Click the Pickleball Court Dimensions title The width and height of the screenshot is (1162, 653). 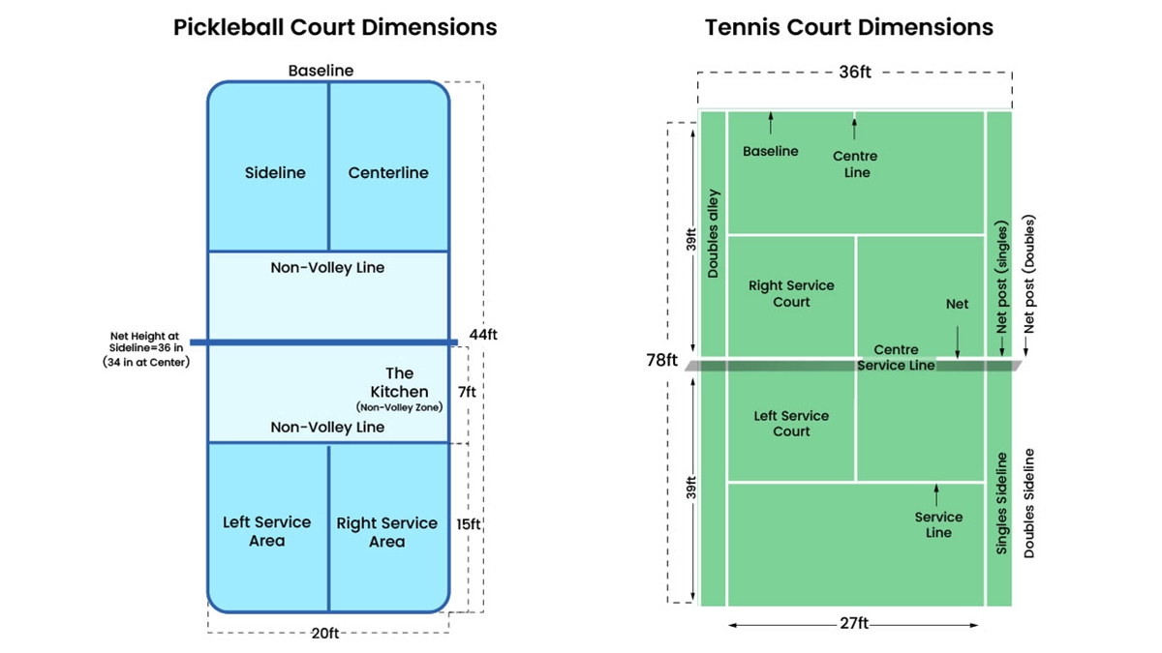coord(335,27)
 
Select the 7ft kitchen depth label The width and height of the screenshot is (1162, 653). coord(466,393)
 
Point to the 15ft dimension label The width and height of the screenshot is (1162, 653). coord(469,524)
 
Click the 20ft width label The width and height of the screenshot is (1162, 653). coord(326,634)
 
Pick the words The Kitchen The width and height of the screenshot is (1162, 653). coord(399,382)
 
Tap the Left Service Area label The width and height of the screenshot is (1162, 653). coord(266,531)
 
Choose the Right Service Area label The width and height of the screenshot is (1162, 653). coord(386,532)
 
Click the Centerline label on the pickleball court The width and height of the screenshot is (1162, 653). coord(388,173)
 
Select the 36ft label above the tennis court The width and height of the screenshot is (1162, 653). coord(854,72)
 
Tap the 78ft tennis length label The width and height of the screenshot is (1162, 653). coord(661,360)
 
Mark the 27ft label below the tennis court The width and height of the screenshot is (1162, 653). coord(854,625)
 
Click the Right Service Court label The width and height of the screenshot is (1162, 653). coord(791,294)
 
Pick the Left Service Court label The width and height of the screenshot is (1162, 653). coord(791,424)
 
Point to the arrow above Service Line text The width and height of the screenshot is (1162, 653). coord(936,494)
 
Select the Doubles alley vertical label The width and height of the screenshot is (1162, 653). coord(714,233)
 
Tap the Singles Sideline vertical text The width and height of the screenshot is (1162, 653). coord(1002,503)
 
